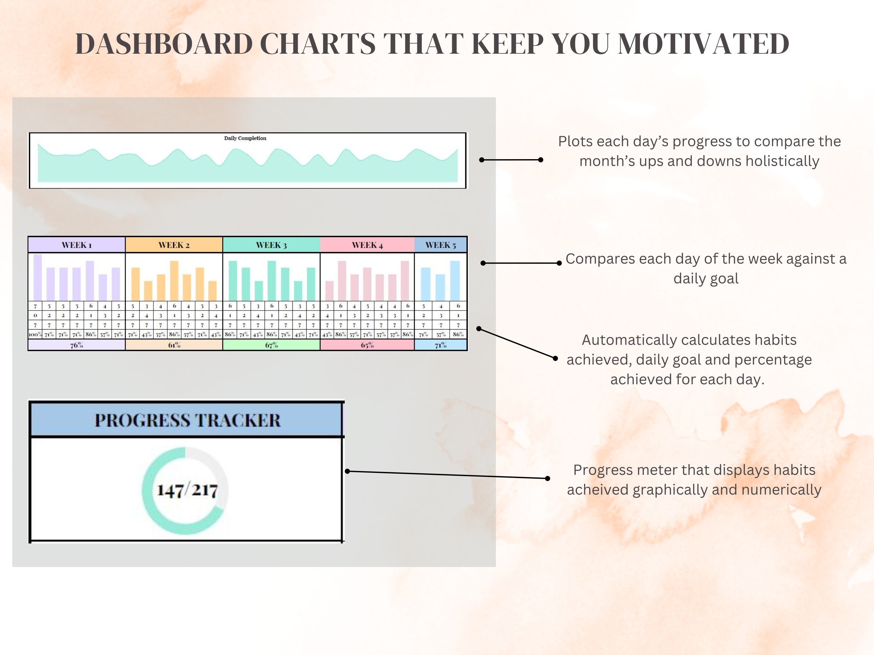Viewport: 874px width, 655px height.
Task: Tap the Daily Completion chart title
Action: pyautogui.click(x=245, y=138)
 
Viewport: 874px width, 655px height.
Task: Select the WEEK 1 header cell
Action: pyautogui.click(x=77, y=245)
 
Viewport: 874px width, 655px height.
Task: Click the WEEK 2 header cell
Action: pyautogui.click(x=174, y=245)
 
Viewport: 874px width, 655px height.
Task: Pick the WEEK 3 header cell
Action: pyautogui.click(x=272, y=245)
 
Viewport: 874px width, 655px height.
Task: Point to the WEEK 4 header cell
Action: pyautogui.click(x=367, y=245)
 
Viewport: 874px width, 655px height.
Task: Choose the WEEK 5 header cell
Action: pyautogui.click(x=441, y=245)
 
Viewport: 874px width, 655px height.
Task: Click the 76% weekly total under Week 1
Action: pyautogui.click(x=77, y=345)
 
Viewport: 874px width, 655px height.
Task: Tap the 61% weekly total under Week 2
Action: pyautogui.click(x=174, y=345)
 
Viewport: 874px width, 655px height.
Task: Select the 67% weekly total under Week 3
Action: pyautogui.click(x=272, y=345)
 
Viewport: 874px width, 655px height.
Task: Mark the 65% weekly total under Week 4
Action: pyautogui.click(x=367, y=345)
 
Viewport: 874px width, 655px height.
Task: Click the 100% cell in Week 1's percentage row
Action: pyautogui.click(x=35, y=334)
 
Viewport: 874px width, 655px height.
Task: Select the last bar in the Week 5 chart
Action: pyautogui.click(x=455, y=280)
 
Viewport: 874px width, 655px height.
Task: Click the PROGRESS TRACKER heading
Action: pyautogui.click(x=187, y=420)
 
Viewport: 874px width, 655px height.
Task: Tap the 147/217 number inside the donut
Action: pyautogui.click(x=187, y=490)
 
